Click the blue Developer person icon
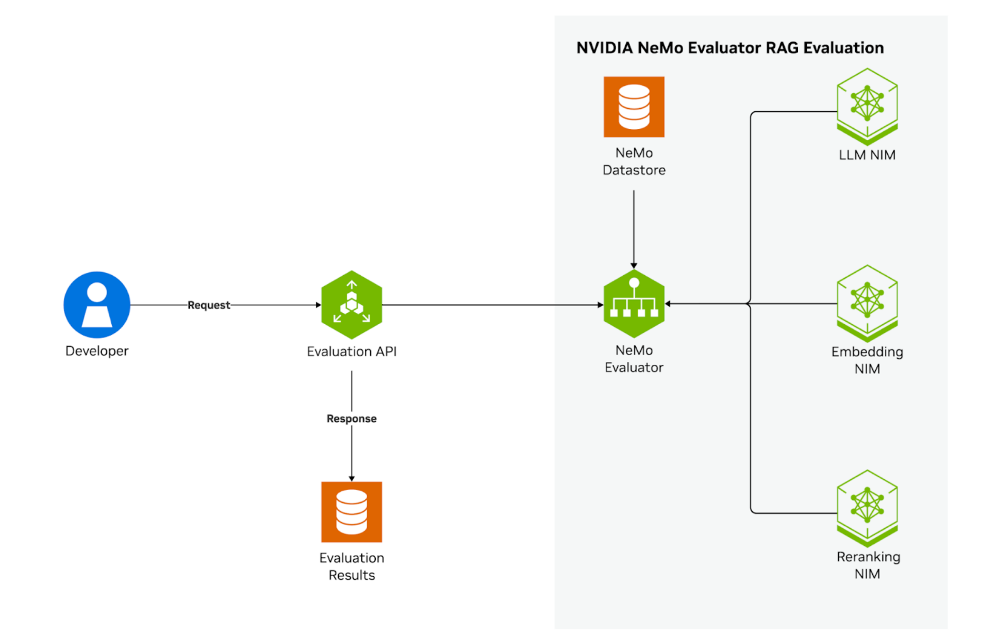[x=97, y=305]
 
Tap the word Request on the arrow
[x=209, y=305]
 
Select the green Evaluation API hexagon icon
[x=352, y=305]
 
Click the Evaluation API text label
[x=352, y=352]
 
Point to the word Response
[x=352, y=419]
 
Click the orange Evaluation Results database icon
[x=352, y=512]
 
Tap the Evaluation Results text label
[x=352, y=566]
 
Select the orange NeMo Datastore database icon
[x=634, y=107]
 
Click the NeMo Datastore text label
[x=634, y=161]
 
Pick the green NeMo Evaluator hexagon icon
[x=634, y=304]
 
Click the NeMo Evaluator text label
[x=634, y=359]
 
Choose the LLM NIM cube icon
[x=867, y=106]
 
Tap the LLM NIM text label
[x=867, y=155]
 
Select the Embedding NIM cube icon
[x=867, y=303]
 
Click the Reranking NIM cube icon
[x=867, y=508]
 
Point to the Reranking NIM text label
[x=868, y=565]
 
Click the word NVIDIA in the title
[x=604, y=48]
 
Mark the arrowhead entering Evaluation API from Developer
[x=318, y=305]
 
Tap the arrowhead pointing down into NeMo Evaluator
[x=634, y=265]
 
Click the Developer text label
[x=97, y=351]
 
